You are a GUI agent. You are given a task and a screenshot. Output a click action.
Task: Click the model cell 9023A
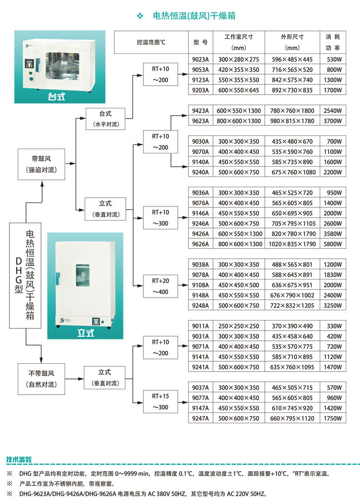click(200, 59)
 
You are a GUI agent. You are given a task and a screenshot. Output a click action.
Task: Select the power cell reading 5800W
click(333, 244)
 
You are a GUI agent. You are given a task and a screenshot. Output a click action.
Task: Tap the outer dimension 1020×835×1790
click(292, 244)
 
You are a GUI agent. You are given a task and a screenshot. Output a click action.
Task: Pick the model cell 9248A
click(200, 305)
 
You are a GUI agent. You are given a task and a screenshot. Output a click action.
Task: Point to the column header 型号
click(200, 42)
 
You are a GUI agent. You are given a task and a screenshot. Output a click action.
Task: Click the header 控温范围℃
click(151, 42)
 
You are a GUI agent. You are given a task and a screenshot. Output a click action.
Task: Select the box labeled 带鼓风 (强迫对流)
click(42, 164)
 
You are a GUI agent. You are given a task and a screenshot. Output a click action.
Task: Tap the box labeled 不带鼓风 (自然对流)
click(42, 379)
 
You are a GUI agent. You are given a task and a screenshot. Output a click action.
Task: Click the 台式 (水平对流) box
click(105, 119)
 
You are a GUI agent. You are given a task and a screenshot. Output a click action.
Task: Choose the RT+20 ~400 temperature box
click(161, 286)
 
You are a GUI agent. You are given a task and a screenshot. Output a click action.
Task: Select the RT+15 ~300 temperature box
click(161, 402)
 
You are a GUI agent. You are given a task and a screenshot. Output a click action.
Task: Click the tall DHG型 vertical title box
click(25, 276)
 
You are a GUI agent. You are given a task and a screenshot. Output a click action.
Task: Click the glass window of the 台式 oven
click(62, 66)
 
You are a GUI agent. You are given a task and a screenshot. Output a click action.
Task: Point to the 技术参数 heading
click(19, 459)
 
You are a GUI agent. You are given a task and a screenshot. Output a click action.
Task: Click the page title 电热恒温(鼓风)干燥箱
click(194, 16)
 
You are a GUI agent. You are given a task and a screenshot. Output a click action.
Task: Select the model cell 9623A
click(200, 121)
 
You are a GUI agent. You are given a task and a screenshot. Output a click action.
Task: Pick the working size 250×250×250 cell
click(239, 326)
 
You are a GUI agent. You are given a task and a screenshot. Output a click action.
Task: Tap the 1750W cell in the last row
click(333, 418)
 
